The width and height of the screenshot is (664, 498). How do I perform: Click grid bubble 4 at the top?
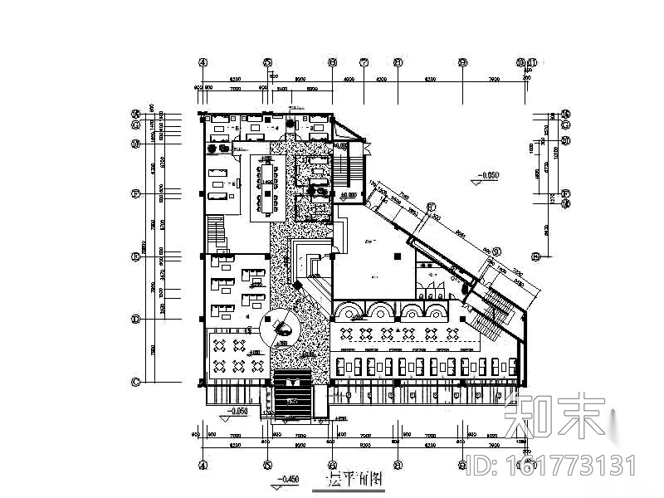point(202,62)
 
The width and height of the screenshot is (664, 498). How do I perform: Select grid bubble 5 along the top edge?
point(267,62)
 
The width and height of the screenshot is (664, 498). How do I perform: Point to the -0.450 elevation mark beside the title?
point(287,480)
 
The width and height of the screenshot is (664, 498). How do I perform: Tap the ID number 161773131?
point(573,464)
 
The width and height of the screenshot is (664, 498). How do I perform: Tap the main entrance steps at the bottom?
point(291,397)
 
